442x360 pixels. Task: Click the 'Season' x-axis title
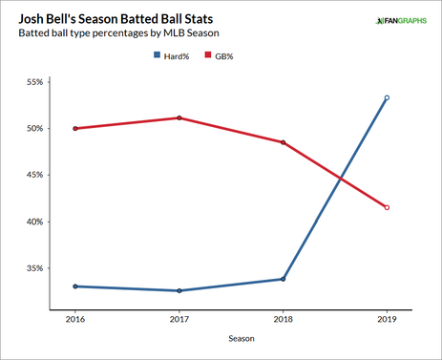point(230,339)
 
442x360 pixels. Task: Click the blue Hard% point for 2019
point(387,97)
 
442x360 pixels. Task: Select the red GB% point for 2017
point(179,117)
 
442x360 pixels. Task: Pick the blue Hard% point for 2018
point(283,279)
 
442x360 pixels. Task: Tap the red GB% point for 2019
point(387,207)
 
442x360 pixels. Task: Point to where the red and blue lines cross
point(339,178)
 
